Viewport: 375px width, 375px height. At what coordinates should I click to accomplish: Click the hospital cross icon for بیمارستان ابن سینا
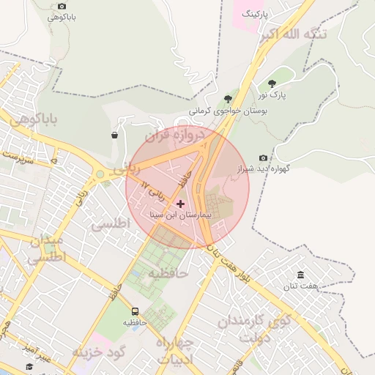181,203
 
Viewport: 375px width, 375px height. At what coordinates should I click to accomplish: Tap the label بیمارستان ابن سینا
179,216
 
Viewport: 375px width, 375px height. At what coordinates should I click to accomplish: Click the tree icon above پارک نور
272,83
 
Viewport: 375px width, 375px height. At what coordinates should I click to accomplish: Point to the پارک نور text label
272,95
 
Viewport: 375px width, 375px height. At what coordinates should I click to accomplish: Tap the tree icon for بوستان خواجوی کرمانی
229,99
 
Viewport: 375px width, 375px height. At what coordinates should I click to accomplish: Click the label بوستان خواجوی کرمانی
229,111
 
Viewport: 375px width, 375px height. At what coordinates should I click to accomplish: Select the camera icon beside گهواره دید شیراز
264,157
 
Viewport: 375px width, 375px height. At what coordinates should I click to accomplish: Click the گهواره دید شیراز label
264,168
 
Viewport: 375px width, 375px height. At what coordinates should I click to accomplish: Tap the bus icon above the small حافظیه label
135,311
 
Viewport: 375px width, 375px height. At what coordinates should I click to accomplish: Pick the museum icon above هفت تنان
300,275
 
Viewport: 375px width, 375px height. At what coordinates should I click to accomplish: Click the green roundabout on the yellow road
99,174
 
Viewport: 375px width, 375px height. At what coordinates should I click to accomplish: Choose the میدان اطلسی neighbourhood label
47,249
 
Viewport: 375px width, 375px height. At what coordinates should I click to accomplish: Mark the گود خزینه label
100,352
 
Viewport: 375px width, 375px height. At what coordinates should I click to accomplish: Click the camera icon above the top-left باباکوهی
62,6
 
